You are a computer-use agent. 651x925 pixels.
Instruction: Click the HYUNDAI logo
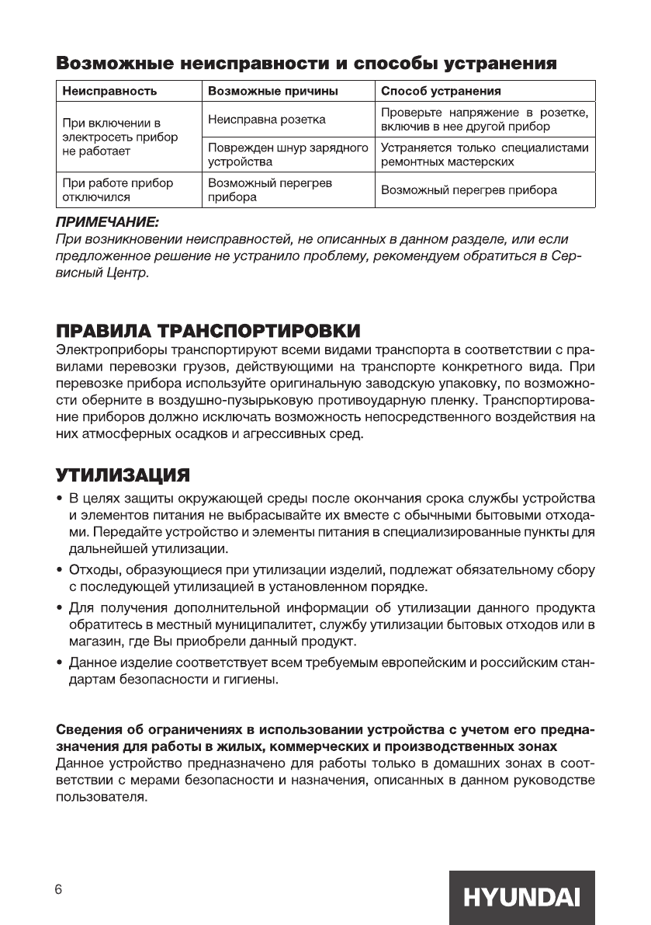pos(521,897)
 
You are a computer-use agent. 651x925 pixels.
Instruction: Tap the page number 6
pos(58,889)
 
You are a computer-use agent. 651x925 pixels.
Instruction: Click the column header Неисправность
pos(109,91)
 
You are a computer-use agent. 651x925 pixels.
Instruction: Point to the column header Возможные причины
pos(273,91)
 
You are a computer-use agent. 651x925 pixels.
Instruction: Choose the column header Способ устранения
pos(441,91)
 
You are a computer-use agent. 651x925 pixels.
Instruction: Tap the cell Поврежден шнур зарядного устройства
pos(287,155)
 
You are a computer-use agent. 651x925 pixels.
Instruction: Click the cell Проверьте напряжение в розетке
pos(485,120)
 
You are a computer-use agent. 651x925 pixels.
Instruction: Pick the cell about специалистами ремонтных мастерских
pos(485,155)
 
